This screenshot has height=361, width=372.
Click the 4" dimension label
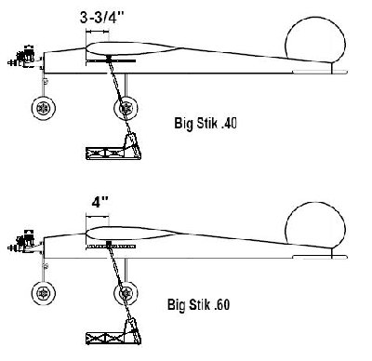pyautogui.click(x=99, y=200)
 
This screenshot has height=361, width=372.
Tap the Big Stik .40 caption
pyautogui.click(x=207, y=121)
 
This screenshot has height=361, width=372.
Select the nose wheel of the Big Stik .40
pyautogui.click(x=44, y=108)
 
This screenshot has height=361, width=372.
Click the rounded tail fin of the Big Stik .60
pyautogui.click(x=310, y=226)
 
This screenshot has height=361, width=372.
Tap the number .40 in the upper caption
pyautogui.click(x=225, y=121)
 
